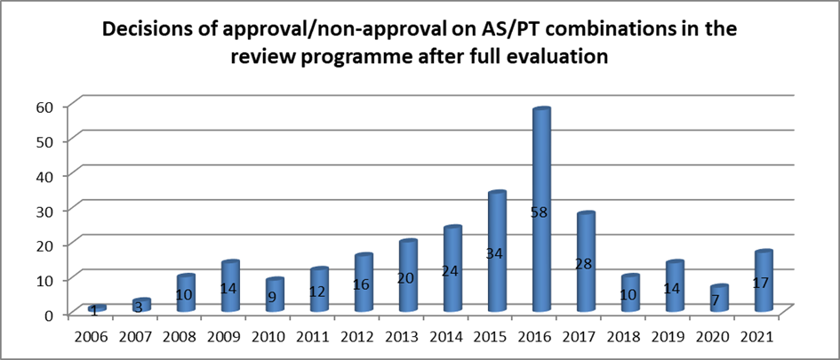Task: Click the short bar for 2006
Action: (97, 308)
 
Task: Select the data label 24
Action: (452, 269)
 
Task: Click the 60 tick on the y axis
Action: (44, 107)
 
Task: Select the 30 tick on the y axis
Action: (44, 210)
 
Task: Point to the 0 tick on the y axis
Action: (49, 314)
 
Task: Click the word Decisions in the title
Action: (148, 30)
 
